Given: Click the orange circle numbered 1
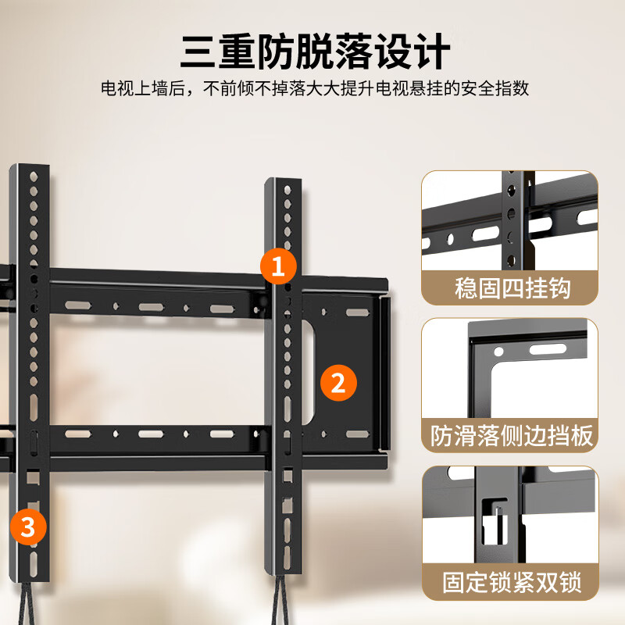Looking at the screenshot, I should coord(278,265).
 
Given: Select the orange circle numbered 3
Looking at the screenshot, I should coord(28,527).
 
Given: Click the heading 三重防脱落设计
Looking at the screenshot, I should coord(315,52).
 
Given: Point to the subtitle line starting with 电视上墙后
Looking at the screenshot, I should coord(315,88).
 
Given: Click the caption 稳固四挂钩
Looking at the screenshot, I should coord(512,287).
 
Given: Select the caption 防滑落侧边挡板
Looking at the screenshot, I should coord(512,435).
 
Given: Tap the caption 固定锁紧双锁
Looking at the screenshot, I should coord(512,582).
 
